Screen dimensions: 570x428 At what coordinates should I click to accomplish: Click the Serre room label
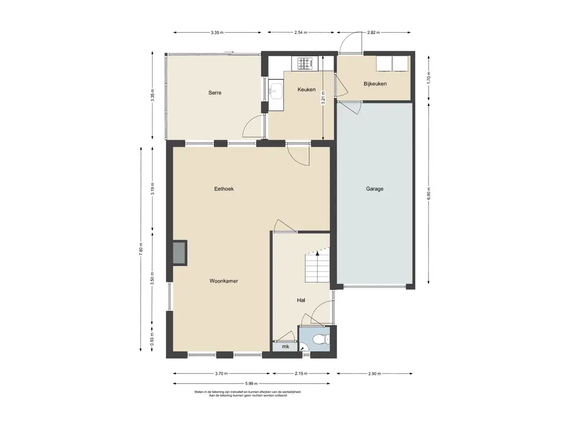click(215, 93)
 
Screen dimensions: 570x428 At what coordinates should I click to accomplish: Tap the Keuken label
click(307, 90)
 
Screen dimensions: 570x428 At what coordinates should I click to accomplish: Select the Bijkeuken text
click(375, 84)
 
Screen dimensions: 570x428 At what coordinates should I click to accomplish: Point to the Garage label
click(375, 189)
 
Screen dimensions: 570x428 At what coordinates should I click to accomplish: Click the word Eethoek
click(224, 189)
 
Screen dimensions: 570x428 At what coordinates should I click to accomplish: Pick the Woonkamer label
click(224, 281)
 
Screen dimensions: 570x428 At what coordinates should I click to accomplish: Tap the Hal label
click(301, 300)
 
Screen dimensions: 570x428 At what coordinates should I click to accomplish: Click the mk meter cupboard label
click(286, 347)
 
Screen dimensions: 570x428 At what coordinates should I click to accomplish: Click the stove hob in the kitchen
click(306, 64)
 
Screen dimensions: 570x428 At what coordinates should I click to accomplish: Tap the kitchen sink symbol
click(276, 90)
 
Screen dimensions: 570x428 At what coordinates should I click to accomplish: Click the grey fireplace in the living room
click(180, 253)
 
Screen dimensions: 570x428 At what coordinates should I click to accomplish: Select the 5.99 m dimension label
click(251, 383)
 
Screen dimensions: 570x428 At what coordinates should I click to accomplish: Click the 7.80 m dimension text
click(141, 249)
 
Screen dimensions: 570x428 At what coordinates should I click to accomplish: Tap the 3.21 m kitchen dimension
click(323, 98)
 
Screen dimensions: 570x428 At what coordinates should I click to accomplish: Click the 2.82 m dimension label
click(374, 32)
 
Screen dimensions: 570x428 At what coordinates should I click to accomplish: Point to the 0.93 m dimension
click(153, 339)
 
